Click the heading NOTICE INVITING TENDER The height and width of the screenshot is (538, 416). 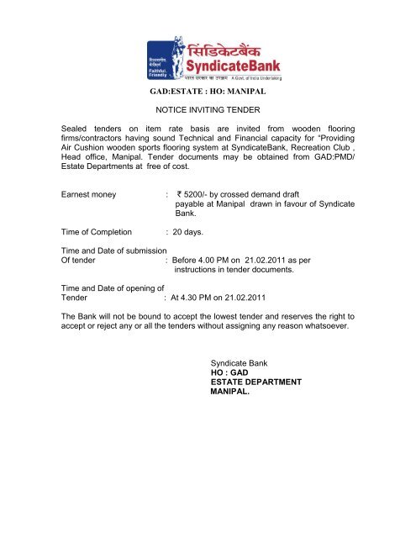207,110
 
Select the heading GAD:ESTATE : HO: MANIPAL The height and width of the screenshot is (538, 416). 208,87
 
